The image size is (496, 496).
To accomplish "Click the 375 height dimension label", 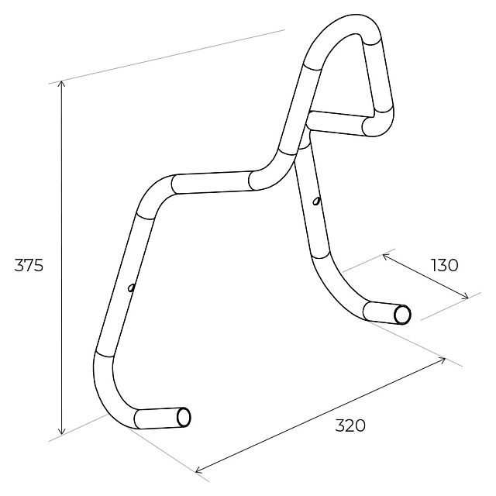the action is click(x=29, y=265).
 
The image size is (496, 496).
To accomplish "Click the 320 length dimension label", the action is click(x=350, y=425).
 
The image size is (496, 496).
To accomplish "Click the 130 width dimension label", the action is click(x=444, y=265).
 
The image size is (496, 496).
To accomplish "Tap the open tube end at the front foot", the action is click(x=184, y=418).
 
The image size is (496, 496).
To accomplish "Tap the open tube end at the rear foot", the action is click(x=402, y=315).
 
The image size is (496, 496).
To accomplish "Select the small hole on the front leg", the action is click(x=131, y=288).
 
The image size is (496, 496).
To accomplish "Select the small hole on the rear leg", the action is click(x=316, y=201).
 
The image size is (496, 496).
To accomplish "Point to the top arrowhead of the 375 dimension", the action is click(x=62, y=83).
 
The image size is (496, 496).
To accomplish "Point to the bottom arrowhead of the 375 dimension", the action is click(x=62, y=432).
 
